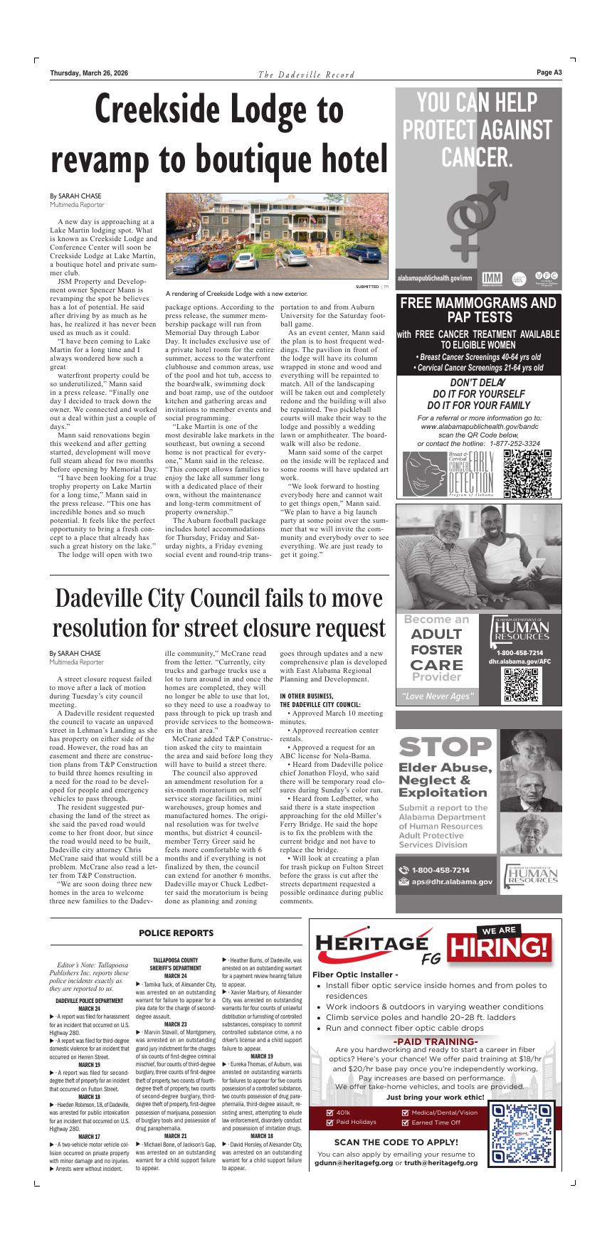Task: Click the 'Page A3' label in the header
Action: pos(549,73)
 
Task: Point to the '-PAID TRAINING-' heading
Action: pos(435,1042)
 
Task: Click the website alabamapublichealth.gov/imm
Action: pos(434,277)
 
